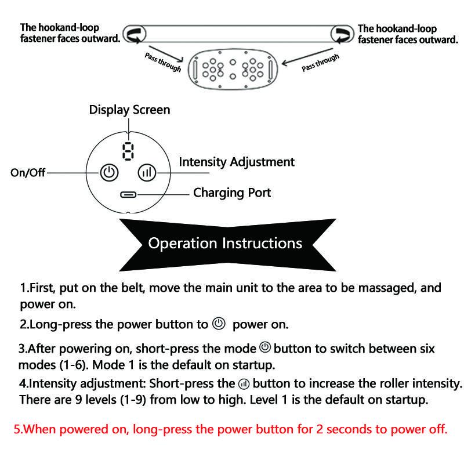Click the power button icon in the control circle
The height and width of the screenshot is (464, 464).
[x=109, y=172]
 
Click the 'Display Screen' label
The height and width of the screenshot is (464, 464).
[x=129, y=110]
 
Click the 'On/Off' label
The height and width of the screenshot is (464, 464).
[x=28, y=173]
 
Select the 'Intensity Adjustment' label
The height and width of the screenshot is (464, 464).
[x=236, y=162]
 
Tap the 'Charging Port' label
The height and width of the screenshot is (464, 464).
[x=231, y=193]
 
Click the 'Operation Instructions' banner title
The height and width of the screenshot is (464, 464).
[x=225, y=242]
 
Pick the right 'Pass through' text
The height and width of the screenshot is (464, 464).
[x=320, y=62]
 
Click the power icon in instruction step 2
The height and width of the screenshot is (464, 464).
[x=219, y=324]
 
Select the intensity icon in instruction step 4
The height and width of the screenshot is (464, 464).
[x=244, y=384]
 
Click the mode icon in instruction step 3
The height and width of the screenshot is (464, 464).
[x=265, y=348]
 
